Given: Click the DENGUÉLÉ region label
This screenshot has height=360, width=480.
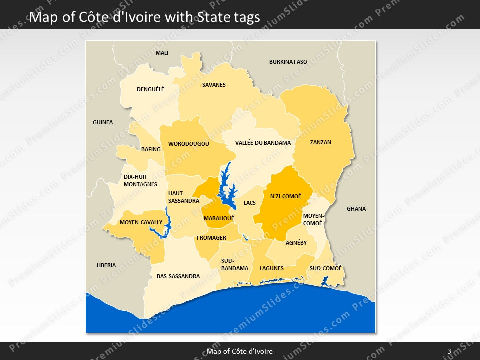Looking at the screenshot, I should (150, 90).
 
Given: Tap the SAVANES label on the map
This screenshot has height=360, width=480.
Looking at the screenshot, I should (214, 85).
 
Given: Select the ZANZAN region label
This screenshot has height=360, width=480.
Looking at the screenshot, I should (320, 142).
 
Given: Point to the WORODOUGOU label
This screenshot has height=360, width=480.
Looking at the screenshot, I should (188, 144).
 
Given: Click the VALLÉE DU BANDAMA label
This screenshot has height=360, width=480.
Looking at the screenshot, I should (263, 143).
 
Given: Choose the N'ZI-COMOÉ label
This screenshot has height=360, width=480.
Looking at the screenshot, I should (285, 196).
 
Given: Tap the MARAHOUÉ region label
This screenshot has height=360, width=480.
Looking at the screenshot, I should (219, 218).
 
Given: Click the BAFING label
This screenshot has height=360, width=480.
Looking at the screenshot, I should (151, 149).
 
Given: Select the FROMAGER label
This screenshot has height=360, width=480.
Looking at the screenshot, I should (211, 238).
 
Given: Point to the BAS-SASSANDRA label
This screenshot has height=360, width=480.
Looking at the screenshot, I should (178, 276).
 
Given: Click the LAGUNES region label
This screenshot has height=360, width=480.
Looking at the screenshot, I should (271, 268).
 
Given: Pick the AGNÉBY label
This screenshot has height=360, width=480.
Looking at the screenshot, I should (296, 243).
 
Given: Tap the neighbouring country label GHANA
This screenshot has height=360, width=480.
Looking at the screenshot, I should (356, 209).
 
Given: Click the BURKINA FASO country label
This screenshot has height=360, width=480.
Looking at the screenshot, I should (288, 62).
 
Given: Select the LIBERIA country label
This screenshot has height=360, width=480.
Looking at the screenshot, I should (106, 265).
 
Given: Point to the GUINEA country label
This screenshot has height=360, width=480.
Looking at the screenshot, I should (103, 122).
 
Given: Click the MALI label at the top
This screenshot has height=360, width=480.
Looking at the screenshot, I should (162, 53).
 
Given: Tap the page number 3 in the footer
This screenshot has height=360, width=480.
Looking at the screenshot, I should (449, 351).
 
